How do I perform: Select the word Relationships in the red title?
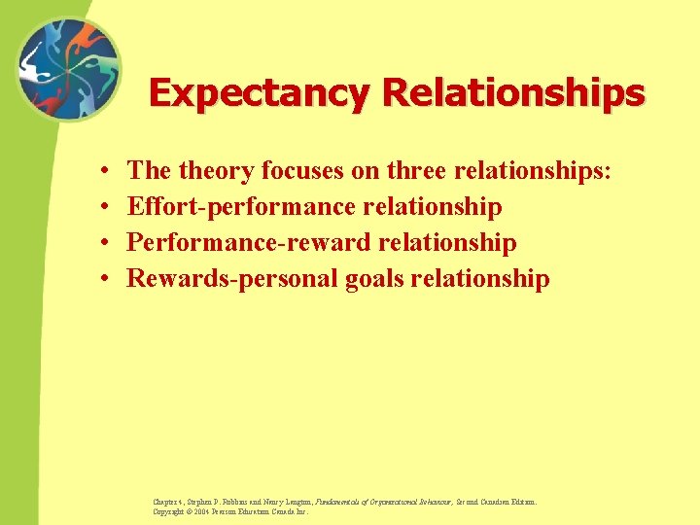coord(513,93)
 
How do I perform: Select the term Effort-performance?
coord(240,207)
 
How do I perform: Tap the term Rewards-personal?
coord(233,279)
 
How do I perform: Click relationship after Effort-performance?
coord(431,207)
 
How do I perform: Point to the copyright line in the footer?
coord(230,511)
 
